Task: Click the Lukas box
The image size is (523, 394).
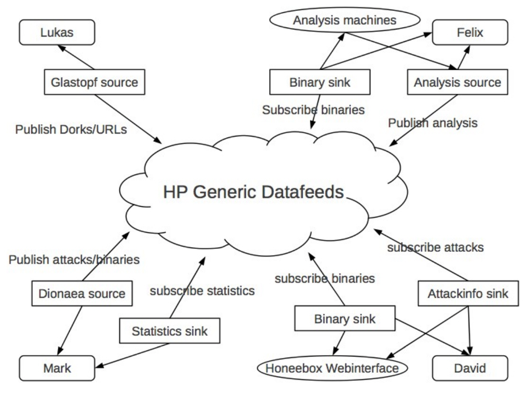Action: (57, 32)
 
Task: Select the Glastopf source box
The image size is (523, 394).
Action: (95, 82)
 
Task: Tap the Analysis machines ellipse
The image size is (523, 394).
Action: (345, 20)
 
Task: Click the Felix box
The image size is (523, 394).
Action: (470, 32)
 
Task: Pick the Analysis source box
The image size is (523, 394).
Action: (458, 82)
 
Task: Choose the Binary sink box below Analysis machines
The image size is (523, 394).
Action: (320, 82)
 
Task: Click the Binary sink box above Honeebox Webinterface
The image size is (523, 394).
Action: (345, 319)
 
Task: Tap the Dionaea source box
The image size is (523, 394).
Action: (82, 293)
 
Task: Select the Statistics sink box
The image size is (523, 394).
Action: (170, 331)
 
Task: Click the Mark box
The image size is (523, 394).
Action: (57, 368)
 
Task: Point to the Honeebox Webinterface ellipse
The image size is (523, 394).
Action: (333, 368)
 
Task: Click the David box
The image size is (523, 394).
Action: (470, 368)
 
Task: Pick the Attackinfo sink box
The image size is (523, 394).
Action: (469, 293)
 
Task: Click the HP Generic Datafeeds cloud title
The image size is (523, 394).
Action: (253, 192)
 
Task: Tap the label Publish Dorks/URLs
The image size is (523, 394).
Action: (71, 129)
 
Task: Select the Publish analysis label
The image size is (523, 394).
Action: (433, 123)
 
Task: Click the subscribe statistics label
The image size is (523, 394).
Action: (202, 291)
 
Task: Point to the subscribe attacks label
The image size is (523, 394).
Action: (435, 247)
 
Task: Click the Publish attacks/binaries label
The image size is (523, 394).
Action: (74, 260)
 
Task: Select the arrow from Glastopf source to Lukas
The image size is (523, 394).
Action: (76, 57)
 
